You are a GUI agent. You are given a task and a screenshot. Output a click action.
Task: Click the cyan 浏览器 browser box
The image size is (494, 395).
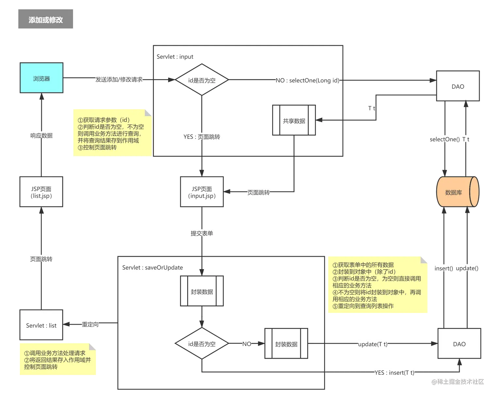point(41,78)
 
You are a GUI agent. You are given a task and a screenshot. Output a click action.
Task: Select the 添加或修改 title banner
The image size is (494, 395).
point(45,19)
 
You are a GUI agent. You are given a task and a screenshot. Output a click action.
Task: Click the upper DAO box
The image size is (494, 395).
point(457,86)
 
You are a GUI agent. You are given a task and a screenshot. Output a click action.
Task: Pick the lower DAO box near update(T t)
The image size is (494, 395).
point(459,344)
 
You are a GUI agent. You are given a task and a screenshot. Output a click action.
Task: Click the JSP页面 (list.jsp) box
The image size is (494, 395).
point(41,192)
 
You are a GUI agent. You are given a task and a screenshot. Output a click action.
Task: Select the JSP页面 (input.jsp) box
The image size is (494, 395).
point(202,192)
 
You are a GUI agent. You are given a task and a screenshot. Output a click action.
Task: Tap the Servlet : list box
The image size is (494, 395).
point(41,325)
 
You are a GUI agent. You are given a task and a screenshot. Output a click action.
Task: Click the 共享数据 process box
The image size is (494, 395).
point(294,121)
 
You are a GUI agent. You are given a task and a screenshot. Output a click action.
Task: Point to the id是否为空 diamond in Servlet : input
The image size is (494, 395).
point(202,80)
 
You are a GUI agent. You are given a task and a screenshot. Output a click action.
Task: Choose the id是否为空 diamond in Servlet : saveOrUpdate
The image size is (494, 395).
point(202,344)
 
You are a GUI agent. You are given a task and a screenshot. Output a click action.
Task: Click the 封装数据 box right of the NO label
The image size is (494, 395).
point(286,344)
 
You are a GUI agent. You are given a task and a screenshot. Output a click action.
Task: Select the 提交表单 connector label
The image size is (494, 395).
point(202,233)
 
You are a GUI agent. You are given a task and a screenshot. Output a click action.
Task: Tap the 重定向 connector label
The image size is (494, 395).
point(90,324)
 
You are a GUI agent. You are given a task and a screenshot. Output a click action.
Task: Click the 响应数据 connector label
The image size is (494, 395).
point(41,136)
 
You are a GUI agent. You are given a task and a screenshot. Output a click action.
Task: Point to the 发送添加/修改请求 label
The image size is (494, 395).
point(119,79)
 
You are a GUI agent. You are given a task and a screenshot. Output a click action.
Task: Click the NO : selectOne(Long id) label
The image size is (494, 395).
point(307,80)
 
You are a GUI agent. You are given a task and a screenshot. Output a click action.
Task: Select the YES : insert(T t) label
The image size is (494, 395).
point(394,373)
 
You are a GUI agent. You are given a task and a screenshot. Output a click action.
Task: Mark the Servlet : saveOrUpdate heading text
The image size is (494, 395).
point(152,267)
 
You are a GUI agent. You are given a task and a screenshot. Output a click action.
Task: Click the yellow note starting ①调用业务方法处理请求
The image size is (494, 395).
point(57,360)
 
